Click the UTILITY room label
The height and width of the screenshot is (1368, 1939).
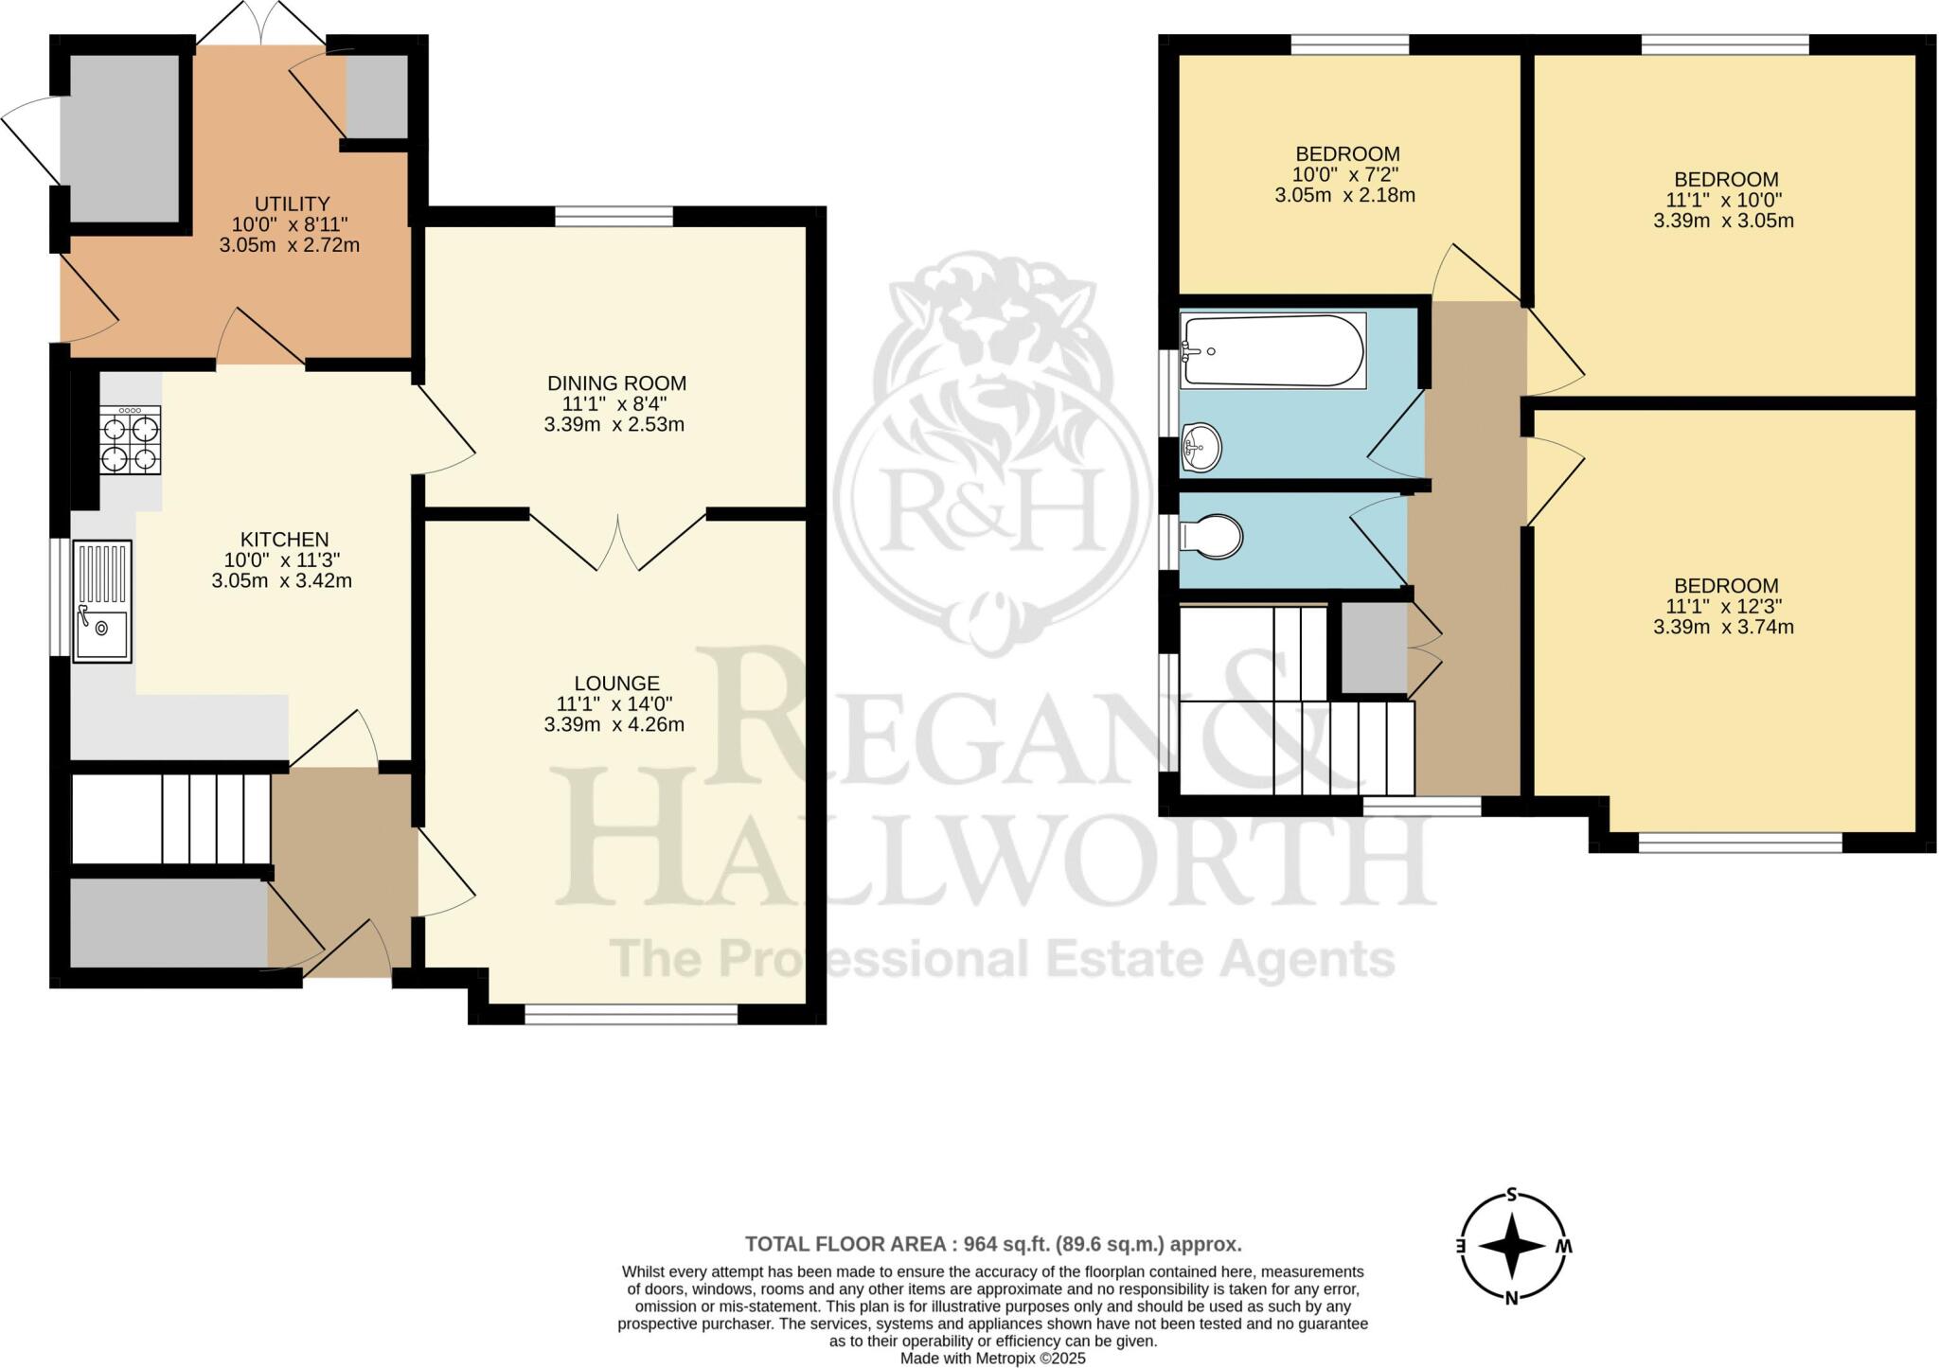click(292, 204)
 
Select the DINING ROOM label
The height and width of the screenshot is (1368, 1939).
click(616, 383)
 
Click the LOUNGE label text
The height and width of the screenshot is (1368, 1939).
click(616, 684)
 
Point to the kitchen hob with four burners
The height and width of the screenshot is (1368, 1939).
click(131, 440)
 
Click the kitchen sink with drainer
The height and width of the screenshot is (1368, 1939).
click(102, 601)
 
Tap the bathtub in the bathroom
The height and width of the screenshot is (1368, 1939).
click(1272, 350)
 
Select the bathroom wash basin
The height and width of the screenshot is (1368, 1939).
click(1201, 445)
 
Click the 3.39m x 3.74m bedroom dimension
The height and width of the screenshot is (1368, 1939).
click(1723, 627)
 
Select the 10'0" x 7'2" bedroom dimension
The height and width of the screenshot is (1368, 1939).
click(1346, 175)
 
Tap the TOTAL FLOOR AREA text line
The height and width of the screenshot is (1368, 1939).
click(992, 1244)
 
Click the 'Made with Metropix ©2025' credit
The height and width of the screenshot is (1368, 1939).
click(992, 1359)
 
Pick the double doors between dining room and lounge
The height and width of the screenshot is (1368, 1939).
click(618, 542)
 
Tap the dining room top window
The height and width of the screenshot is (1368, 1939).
click(614, 216)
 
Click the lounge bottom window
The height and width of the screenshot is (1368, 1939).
click(631, 1014)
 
